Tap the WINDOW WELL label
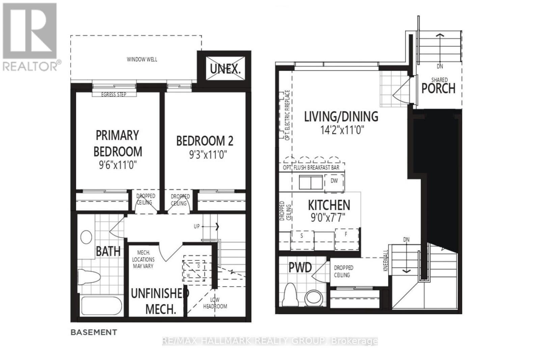142,59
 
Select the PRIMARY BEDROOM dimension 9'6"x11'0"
117,165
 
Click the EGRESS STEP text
114,94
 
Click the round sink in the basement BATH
86,237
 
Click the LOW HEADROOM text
215,303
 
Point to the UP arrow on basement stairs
216,226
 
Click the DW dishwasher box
334,181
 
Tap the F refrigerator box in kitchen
346,234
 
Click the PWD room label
300,268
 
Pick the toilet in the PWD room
290,294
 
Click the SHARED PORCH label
438,86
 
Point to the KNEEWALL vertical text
386,261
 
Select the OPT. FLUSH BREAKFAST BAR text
311,168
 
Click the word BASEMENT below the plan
93,332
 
